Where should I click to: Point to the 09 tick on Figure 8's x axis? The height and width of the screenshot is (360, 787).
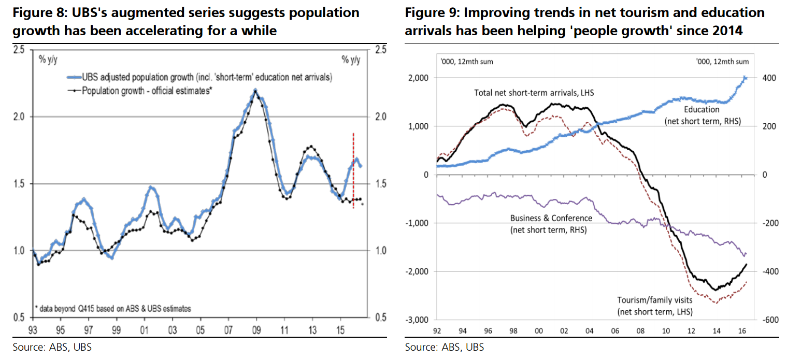tap(256, 330)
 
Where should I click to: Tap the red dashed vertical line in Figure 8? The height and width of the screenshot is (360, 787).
tap(353, 171)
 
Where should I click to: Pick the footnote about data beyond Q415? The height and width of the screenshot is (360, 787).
tap(113, 308)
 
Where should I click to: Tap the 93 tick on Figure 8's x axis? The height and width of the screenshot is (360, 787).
tap(33, 330)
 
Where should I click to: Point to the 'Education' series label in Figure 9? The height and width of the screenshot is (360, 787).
tap(702, 110)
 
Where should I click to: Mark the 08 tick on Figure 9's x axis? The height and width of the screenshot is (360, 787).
tap(640, 330)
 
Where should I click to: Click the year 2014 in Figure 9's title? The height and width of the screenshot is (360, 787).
tap(728, 31)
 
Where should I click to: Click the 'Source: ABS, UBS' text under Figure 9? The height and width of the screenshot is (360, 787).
tap(445, 347)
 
